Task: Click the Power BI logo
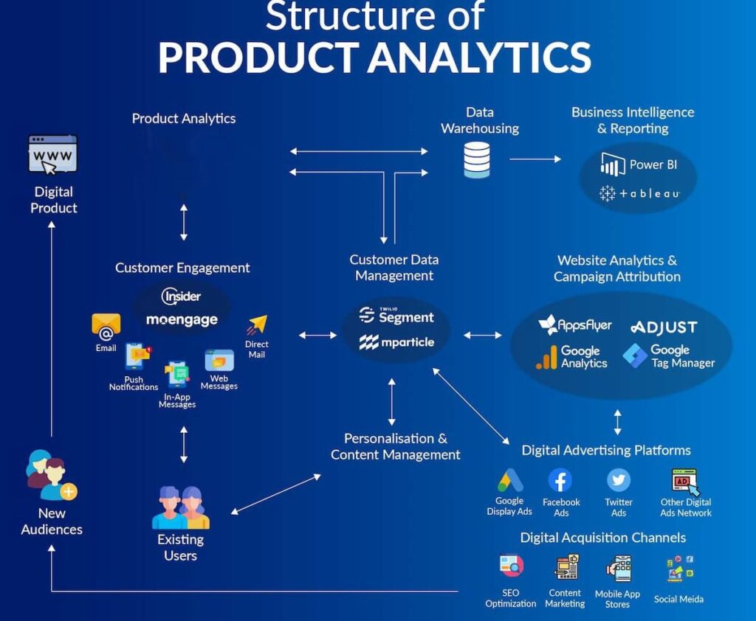click(638, 164)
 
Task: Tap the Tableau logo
click(639, 193)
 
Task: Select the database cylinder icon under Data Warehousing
click(477, 160)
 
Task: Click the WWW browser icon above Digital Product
click(52, 154)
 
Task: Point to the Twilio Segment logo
click(396, 316)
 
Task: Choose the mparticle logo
click(396, 342)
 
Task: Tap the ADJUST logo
click(663, 327)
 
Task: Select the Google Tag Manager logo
click(668, 356)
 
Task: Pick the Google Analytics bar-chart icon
click(547, 358)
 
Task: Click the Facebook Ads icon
click(560, 481)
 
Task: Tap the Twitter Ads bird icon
click(619, 481)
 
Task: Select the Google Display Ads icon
click(509, 481)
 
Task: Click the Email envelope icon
click(106, 325)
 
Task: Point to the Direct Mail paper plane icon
click(257, 325)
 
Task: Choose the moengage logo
click(182, 319)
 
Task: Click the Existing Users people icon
click(180, 508)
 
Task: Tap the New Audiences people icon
click(51, 476)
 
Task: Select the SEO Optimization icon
click(511, 566)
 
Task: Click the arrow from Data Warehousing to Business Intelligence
click(535, 159)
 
